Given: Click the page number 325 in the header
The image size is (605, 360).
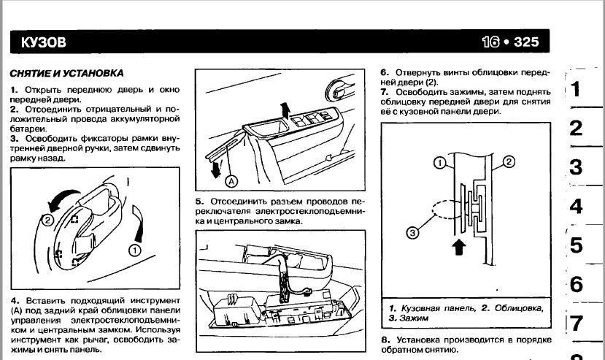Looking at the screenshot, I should coord(527,42).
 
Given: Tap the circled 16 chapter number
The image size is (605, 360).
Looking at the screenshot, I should coord(490,42).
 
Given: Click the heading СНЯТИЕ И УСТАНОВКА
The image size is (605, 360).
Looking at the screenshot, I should coord(66,74).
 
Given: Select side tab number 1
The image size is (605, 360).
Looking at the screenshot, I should coord(576,90).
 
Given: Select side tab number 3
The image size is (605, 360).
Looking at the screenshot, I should coord(576,167).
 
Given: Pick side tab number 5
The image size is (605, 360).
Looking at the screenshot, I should coord(576,245).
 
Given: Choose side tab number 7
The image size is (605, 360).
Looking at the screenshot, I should coord(576,323).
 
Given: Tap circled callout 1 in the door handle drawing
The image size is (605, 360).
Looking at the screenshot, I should coord(134,250).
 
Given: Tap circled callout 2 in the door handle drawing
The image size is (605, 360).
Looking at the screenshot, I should coord(47,218).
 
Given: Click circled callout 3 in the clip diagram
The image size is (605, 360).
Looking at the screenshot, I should coord(412,234).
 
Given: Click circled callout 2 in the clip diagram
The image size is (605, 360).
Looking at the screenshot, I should coord(509,162).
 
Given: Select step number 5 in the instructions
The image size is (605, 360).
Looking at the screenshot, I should coord(199,202).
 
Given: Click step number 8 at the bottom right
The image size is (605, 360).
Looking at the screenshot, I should coord(385,340).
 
